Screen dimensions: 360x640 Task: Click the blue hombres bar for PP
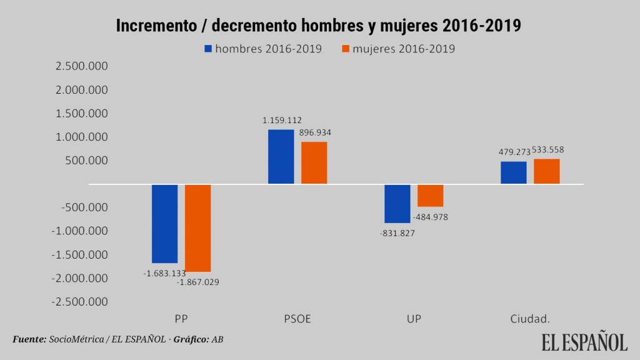click(165, 223)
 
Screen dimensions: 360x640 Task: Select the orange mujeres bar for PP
click(198, 227)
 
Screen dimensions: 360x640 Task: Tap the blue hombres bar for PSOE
click(281, 156)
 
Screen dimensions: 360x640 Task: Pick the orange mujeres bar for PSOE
click(314, 162)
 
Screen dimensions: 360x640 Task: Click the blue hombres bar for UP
click(397, 203)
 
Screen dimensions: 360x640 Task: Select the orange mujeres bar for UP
click(431, 195)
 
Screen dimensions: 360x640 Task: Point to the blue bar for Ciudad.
click(514, 172)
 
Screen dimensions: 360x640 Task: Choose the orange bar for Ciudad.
click(547, 171)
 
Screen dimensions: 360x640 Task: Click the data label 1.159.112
click(282, 119)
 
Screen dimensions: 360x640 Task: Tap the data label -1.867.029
click(198, 282)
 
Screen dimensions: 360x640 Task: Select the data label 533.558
click(548, 150)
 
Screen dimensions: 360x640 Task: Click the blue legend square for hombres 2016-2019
click(208, 48)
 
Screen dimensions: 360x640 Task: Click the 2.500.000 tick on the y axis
click(81, 67)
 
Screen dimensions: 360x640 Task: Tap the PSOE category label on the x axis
click(297, 319)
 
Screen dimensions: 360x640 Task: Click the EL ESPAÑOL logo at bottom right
click(584, 342)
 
